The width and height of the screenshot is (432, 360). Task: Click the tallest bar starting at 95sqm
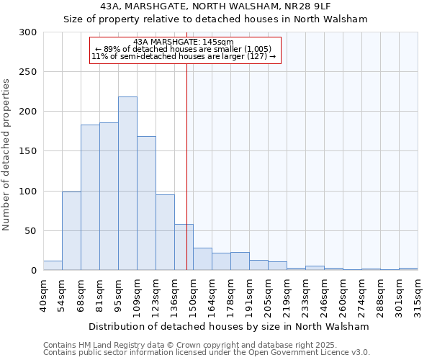coord(127,184)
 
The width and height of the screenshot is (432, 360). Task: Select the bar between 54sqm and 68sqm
coord(71,230)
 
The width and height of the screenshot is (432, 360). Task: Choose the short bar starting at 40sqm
coord(53,266)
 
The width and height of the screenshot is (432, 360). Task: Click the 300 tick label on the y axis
coord(28,32)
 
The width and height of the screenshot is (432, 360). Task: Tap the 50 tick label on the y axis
coord(31,231)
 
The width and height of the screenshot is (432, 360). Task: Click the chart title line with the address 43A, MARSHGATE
coord(216,6)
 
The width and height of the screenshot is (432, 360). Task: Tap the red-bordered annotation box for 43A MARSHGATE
coord(184,50)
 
